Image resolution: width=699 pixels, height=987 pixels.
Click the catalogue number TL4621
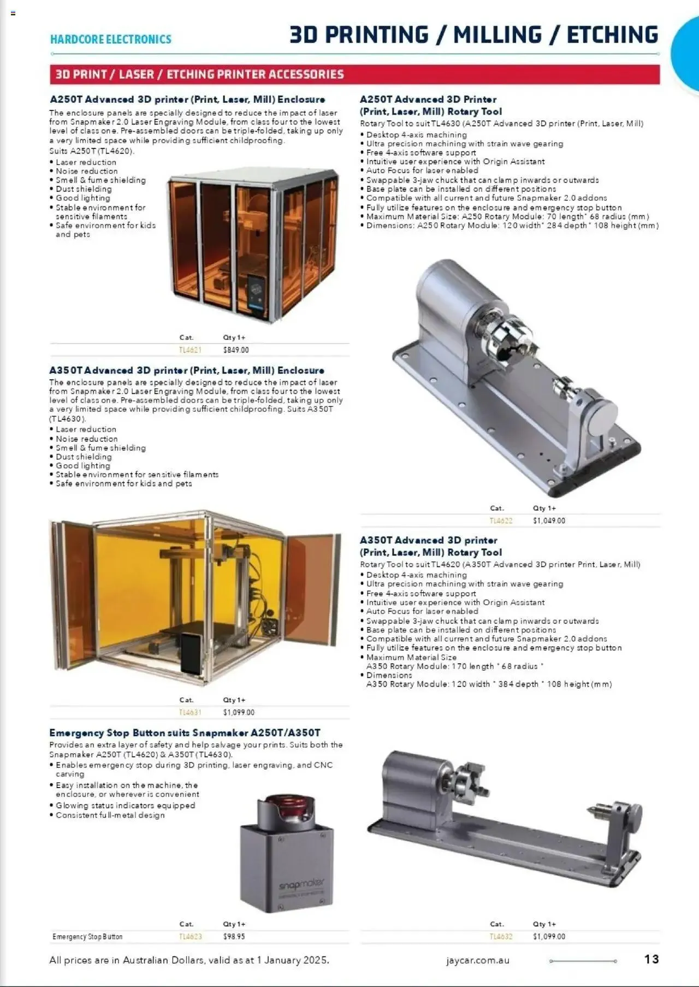click(x=190, y=350)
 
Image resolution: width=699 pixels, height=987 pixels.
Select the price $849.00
click(x=236, y=350)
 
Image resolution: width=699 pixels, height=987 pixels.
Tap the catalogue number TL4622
click(x=501, y=521)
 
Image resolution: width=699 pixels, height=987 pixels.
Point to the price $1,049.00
click(x=549, y=521)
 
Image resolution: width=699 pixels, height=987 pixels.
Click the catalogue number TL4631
click(x=190, y=713)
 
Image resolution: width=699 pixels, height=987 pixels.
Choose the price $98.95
click(x=234, y=937)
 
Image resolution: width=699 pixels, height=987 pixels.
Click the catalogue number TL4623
click(x=190, y=937)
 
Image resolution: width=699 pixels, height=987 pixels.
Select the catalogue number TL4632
click(x=501, y=937)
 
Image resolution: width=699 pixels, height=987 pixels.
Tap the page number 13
click(x=651, y=959)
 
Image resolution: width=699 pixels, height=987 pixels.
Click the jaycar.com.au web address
click(x=477, y=960)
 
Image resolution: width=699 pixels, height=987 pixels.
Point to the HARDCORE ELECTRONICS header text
click(x=110, y=39)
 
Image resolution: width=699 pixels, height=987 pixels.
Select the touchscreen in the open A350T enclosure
click(x=191, y=653)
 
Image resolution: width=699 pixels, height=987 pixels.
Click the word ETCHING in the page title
click(x=612, y=35)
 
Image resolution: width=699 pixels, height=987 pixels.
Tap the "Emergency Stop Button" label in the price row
click(x=87, y=937)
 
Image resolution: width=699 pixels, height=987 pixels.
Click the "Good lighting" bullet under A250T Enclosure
click(x=83, y=198)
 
